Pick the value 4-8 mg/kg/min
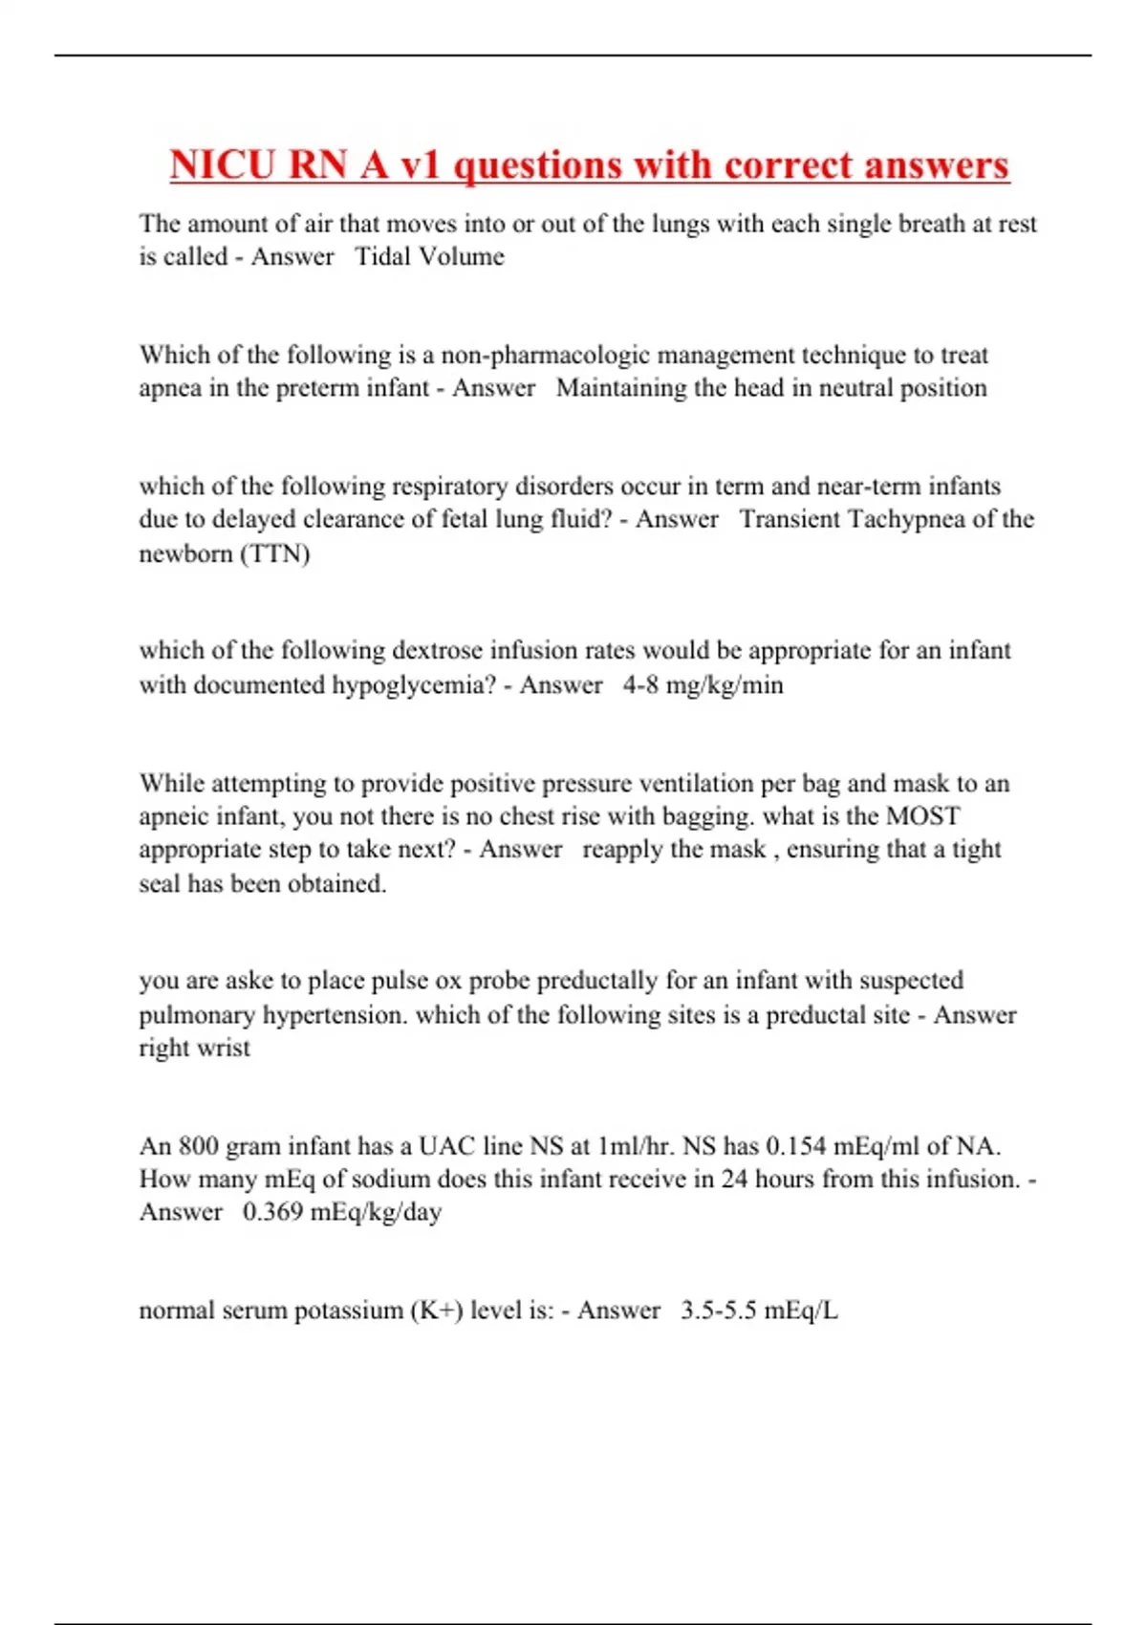tap(703, 684)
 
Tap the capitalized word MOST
tap(922, 816)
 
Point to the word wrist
tap(223, 1048)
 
